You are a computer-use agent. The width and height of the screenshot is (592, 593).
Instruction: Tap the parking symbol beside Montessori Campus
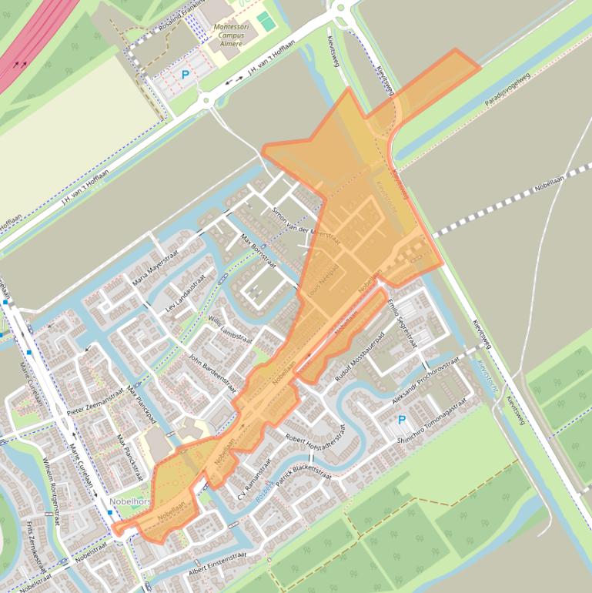pyautogui.click(x=184, y=75)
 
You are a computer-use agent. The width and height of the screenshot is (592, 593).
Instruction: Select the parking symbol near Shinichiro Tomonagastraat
pyautogui.click(x=400, y=420)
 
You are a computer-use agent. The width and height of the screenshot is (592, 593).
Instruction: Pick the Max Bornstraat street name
pyautogui.click(x=258, y=252)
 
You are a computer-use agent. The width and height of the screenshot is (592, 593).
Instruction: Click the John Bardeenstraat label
pyautogui.click(x=211, y=374)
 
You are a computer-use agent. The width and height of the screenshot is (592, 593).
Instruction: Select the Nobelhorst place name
pyautogui.click(x=131, y=500)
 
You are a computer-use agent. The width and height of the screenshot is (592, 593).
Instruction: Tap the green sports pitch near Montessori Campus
pyautogui.click(x=266, y=22)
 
